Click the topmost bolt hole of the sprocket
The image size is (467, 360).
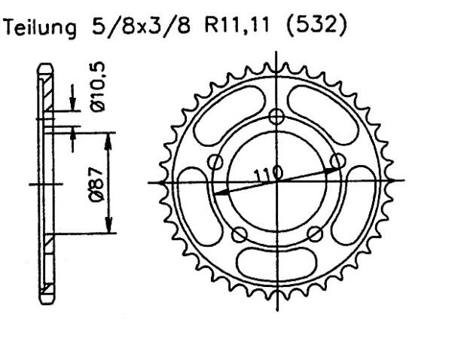pos(277,116)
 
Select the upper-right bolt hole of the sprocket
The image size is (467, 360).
pos(338,160)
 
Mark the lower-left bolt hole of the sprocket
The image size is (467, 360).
pos(240,233)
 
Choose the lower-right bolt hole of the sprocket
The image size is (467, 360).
pos(315,233)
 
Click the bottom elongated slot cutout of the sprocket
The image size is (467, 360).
pos(277,264)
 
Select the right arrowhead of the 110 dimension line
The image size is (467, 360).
pos(336,168)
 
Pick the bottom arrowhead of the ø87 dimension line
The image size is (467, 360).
pos(110,229)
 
